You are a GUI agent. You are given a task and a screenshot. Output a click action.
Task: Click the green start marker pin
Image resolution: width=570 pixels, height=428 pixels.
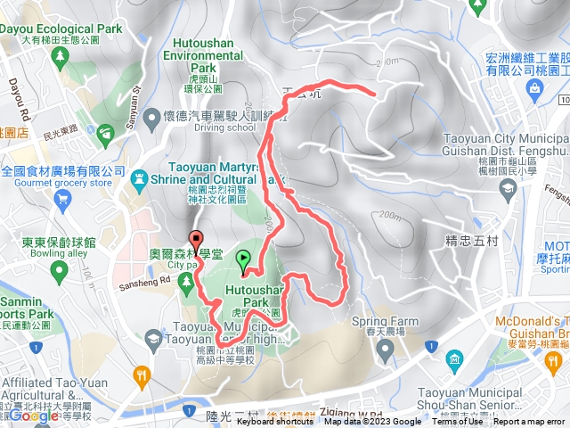[243, 260]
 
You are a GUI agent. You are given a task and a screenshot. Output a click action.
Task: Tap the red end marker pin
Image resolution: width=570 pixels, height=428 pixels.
[196, 238]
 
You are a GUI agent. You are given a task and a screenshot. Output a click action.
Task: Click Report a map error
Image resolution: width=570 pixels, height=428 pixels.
[529, 422]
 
